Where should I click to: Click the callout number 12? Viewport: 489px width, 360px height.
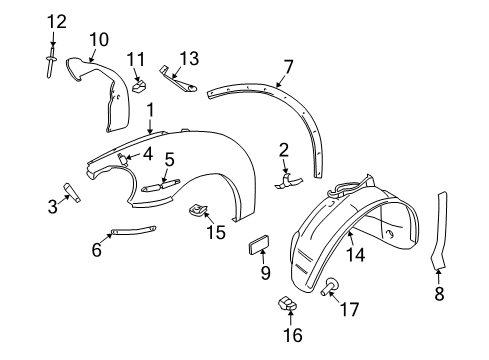pos(56,22)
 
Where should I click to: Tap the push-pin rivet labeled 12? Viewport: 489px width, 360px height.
pos(51,62)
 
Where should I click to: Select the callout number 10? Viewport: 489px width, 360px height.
pos(99,39)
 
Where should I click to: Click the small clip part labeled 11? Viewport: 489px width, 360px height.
pos(140,86)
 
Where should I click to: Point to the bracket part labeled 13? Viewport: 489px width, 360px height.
pos(178,80)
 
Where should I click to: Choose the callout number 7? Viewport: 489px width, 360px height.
pos(288,67)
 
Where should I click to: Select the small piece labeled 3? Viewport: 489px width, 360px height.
pos(72,193)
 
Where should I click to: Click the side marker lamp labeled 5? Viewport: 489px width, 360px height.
pos(161,185)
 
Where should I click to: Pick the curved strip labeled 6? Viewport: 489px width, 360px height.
pos(133,230)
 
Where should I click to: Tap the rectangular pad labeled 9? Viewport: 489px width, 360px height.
pos(259,244)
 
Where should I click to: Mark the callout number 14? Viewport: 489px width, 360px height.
pos(356,255)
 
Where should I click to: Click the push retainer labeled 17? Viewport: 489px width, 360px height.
pos(330,286)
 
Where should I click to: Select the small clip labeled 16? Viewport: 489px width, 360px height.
pos(287,303)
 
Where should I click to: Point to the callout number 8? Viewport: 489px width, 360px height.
pos(439,294)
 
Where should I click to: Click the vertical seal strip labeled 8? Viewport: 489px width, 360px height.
pos(440,230)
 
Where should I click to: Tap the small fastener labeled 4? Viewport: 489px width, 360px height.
pos(123,158)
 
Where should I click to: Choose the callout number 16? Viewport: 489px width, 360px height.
pos(293,335)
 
